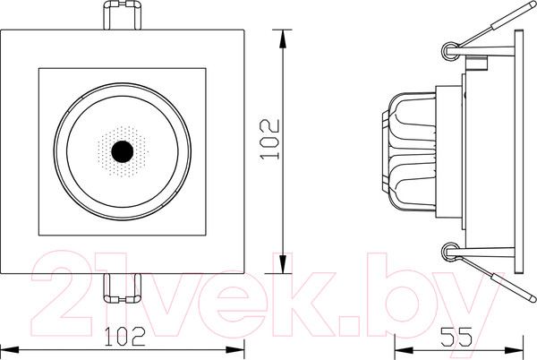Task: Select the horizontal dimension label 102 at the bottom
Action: tap(125, 337)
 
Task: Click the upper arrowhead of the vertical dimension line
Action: tap(284, 36)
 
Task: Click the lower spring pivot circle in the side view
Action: tap(451, 253)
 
